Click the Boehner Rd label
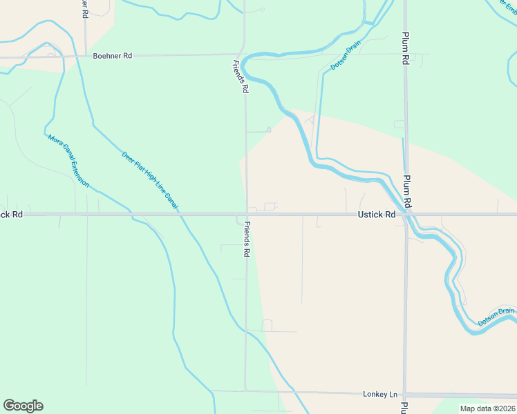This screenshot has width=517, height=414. (112, 56)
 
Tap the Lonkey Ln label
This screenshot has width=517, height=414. (380, 394)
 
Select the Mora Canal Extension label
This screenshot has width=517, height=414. (68, 161)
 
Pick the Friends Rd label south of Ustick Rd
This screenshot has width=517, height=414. (246, 240)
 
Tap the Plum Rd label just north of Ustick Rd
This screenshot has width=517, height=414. (408, 191)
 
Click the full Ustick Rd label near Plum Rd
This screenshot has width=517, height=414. (376, 215)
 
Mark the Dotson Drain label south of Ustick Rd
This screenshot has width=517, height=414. (496, 316)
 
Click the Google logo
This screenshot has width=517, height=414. (23, 406)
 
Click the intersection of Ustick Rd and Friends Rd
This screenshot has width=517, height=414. (246, 215)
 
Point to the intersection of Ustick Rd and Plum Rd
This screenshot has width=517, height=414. (406, 215)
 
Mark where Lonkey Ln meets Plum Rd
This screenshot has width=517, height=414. (405, 395)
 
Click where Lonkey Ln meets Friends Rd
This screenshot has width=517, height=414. (246, 391)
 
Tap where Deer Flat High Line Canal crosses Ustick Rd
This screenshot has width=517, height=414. (181, 215)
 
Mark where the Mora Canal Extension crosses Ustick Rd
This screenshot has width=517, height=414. (130, 215)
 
